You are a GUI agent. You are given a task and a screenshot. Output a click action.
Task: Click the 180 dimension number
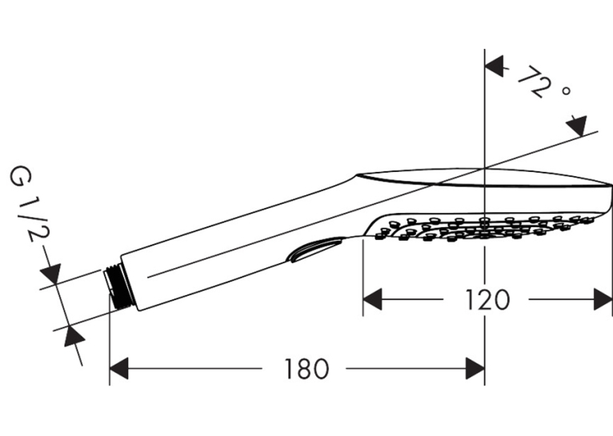[306, 369]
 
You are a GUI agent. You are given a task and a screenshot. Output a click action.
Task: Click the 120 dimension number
[487, 300]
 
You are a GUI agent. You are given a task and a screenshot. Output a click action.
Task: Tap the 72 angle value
[535, 82]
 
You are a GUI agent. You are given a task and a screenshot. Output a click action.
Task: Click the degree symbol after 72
[566, 91]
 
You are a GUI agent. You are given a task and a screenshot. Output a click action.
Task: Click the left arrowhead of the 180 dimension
[119, 369]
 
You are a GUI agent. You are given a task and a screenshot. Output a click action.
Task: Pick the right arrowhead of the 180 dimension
[475, 369]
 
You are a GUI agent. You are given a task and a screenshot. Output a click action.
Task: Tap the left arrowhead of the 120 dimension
[373, 300]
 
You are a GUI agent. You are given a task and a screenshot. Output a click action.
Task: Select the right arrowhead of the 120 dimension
[603, 300]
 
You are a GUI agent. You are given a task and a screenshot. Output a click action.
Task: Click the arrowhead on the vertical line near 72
[494, 66]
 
